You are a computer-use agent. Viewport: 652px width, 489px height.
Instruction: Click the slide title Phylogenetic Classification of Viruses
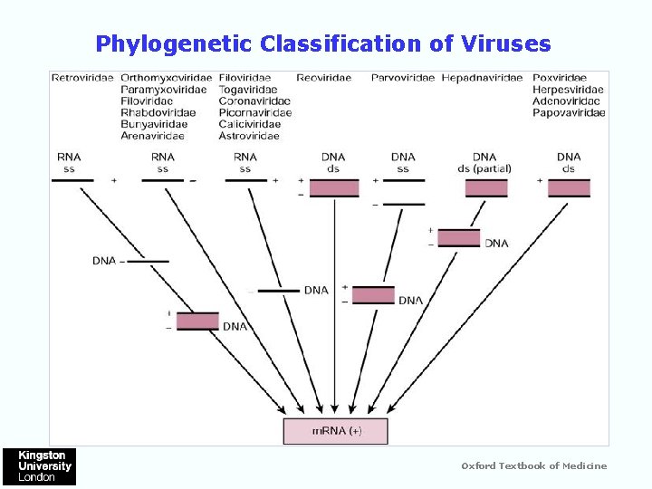(x=323, y=43)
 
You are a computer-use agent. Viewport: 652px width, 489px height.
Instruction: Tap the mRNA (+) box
(x=336, y=431)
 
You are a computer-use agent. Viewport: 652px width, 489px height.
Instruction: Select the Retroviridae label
(x=81, y=78)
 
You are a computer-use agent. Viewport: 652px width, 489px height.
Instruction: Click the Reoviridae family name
(x=323, y=78)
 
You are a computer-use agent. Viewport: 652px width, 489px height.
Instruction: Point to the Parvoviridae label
(x=403, y=78)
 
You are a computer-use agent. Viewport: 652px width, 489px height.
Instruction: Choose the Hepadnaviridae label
(x=482, y=78)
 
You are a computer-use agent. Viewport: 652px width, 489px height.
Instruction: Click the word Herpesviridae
(x=568, y=90)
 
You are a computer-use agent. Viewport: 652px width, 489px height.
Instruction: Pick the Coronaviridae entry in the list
(x=254, y=101)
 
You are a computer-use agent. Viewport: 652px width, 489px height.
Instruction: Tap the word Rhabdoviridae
(x=154, y=113)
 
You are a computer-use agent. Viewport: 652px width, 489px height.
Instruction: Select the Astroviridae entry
(x=249, y=137)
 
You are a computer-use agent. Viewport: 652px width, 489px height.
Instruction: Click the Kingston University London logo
(x=39, y=466)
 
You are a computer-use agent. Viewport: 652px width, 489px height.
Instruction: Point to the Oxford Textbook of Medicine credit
(x=534, y=466)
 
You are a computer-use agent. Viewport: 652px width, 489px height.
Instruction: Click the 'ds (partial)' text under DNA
(x=484, y=168)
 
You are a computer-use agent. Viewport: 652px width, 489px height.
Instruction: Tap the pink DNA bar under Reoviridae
(x=334, y=187)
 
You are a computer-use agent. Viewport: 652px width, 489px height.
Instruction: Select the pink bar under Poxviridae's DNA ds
(x=569, y=187)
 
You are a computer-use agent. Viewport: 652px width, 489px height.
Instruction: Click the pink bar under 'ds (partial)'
(x=486, y=187)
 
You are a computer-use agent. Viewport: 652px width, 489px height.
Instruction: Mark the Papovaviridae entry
(x=570, y=113)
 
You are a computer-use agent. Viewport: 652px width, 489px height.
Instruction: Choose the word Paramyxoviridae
(x=163, y=90)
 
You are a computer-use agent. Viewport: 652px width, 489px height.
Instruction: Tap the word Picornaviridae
(x=254, y=113)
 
